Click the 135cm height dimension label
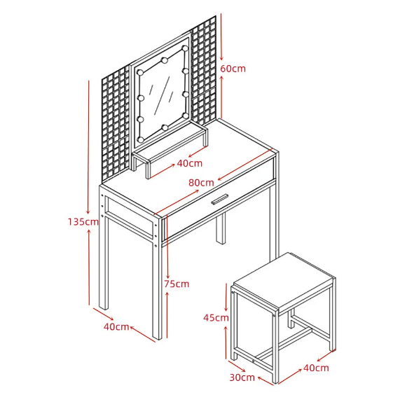(x=83, y=222)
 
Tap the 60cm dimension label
(x=233, y=69)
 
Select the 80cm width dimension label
(x=201, y=183)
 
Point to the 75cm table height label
(x=177, y=284)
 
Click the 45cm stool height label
(x=216, y=318)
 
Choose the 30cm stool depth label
(x=242, y=377)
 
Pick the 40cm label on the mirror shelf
(x=190, y=163)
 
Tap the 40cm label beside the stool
(x=316, y=368)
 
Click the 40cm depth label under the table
(x=116, y=326)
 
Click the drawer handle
(x=219, y=199)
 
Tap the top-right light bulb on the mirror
(x=185, y=48)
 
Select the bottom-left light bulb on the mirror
(x=141, y=140)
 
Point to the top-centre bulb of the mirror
(x=165, y=60)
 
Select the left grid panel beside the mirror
(x=116, y=123)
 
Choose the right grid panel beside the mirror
(x=205, y=71)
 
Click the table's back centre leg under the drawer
(x=221, y=228)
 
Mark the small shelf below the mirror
(x=170, y=151)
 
